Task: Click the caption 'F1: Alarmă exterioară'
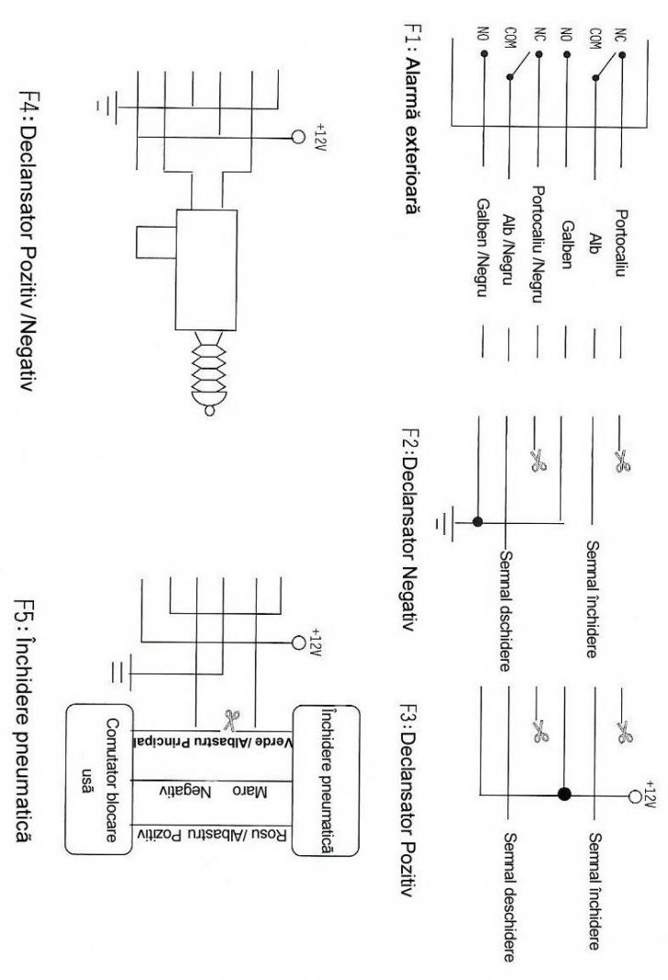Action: tap(411, 118)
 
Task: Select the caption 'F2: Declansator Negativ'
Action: tap(409, 529)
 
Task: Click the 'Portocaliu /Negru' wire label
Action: tap(538, 244)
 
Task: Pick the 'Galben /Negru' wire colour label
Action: tap(483, 248)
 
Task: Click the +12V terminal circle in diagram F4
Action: tap(298, 137)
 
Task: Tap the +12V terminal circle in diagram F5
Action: tap(298, 642)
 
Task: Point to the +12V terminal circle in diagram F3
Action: tap(635, 796)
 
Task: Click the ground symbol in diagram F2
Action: tap(445, 522)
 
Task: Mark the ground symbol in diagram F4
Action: tap(107, 106)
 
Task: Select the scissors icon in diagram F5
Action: tap(232, 719)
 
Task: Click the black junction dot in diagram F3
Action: tap(564, 795)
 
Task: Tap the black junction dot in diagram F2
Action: tap(478, 521)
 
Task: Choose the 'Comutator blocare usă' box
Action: tap(99, 779)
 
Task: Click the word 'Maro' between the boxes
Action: tap(250, 793)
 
